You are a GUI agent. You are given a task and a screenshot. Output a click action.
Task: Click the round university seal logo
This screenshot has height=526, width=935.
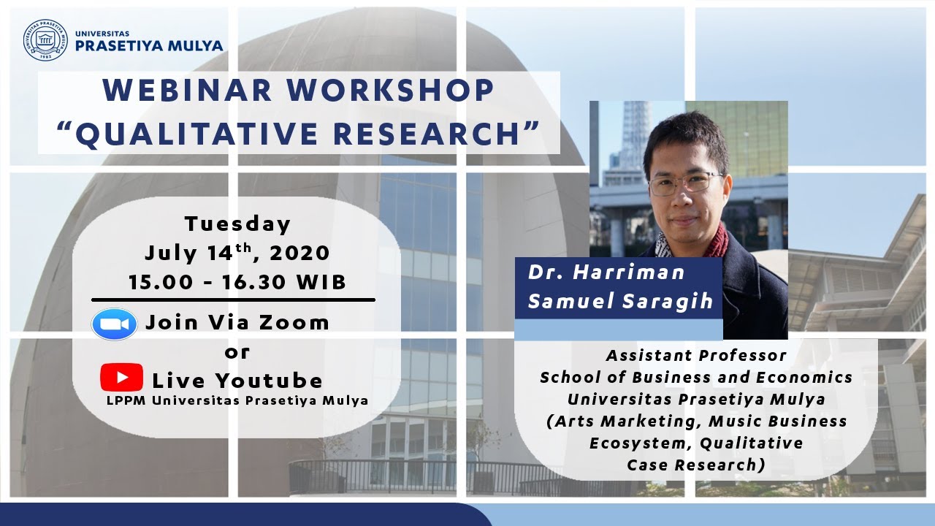point(45,39)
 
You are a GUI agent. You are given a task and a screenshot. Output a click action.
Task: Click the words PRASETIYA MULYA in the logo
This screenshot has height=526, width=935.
point(149,46)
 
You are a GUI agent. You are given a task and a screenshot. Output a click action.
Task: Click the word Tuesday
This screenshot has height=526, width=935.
point(237,223)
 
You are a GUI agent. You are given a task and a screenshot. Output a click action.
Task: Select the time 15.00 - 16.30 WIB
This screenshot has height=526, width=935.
point(237,282)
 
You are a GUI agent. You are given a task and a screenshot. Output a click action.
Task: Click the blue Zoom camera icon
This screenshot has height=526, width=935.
point(115,324)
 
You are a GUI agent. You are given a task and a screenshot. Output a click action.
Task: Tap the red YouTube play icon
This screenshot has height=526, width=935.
point(121,378)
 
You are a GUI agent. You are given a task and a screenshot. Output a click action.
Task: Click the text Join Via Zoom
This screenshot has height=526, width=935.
point(237,322)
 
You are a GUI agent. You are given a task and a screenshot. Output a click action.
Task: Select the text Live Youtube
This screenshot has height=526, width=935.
point(237,381)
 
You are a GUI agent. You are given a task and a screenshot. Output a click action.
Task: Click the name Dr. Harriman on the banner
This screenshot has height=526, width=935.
point(606,272)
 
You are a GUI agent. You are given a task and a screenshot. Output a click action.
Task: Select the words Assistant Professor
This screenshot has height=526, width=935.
point(695,356)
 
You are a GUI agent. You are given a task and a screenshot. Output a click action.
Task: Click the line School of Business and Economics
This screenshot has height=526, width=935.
point(695,378)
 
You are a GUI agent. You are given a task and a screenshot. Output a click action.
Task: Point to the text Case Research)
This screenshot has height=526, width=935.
point(695,465)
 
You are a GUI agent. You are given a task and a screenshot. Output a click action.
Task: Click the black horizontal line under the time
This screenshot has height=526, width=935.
point(233,300)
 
